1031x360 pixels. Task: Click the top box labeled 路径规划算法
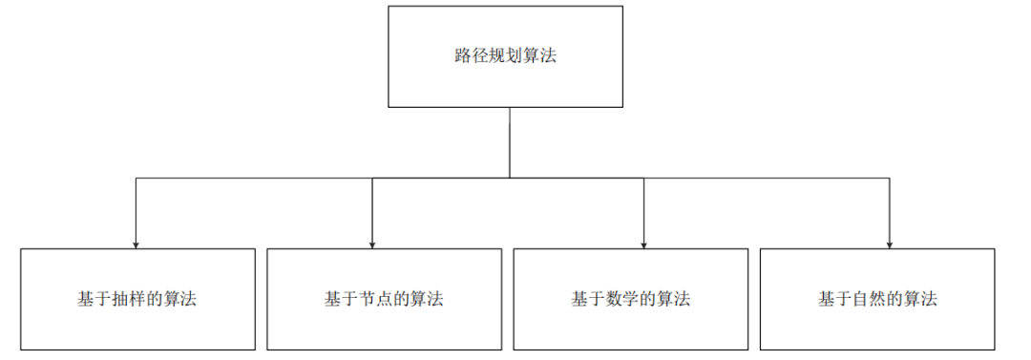[x=505, y=56]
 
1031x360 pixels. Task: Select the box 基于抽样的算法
[x=138, y=298]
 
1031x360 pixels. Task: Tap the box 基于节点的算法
[x=384, y=298]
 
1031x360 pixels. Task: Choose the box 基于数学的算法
[x=631, y=298]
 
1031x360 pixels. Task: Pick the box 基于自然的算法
[x=877, y=298]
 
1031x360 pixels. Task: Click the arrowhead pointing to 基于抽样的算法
[x=136, y=243]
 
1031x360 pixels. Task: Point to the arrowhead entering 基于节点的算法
[x=372, y=243]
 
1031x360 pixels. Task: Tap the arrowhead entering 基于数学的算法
[x=643, y=243]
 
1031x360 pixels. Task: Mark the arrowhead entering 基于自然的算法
[x=890, y=243]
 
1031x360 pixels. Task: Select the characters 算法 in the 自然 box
[x=922, y=299]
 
